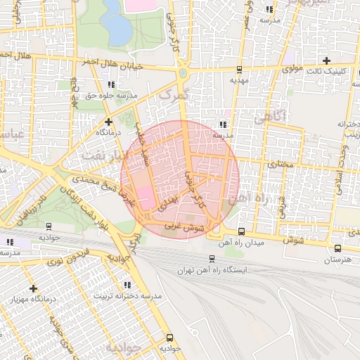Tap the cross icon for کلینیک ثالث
coord(326,60)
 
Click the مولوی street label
coord(292,70)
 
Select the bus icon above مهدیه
coord(240,70)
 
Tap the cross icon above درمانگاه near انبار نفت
coord(108,121)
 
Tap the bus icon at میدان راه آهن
coord(241,231)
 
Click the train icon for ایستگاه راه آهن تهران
coord(212,259)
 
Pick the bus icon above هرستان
coord(338,248)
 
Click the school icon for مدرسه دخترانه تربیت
coord(127,285)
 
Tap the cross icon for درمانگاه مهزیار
coord(33,288)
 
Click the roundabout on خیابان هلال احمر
coord(184,72)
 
